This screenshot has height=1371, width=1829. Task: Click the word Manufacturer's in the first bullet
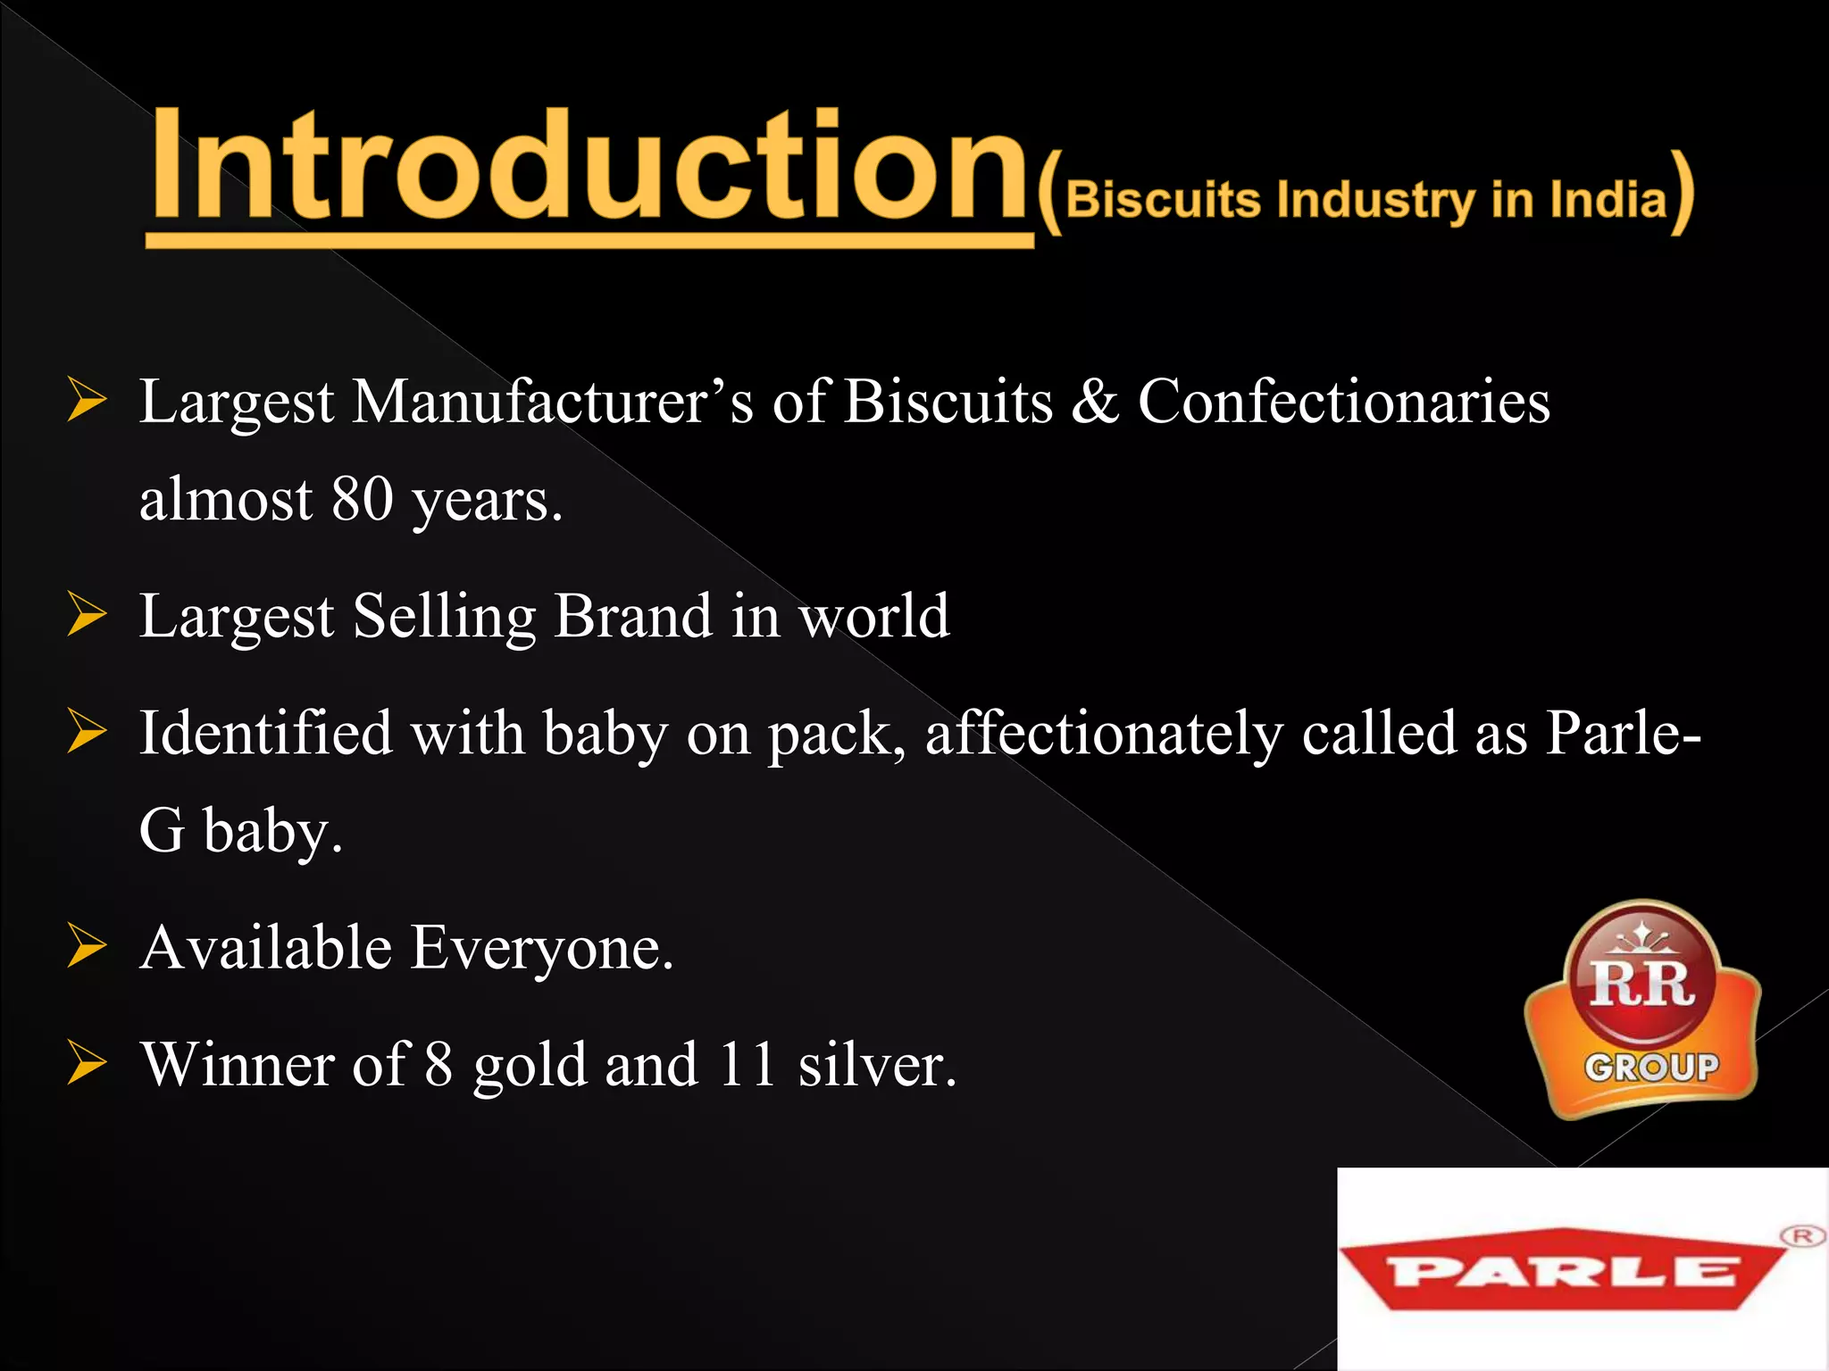click(x=553, y=402)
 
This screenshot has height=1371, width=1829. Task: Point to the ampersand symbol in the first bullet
click(x=1095, y=402)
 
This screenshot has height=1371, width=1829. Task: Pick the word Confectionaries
click(x=1343, y=402)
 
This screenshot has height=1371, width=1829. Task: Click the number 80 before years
click(x=363, y=499)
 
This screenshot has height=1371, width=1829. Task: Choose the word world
click(x=874, y=617)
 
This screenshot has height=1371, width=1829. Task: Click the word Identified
click(x=265, y=734)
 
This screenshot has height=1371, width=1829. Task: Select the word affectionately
click(x=1104, y=734)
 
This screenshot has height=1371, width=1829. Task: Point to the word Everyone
click(x=541, y=948)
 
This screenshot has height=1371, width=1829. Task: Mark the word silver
click(x=876, y=1066)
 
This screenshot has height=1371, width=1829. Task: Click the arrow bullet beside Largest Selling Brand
click(x=87, y=617)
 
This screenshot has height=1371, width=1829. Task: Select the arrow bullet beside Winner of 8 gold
click(x=87, y=1066)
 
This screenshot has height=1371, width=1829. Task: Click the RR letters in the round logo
click(x=1641, y=985)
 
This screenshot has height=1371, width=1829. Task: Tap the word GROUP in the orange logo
click(x=1651, y=1068)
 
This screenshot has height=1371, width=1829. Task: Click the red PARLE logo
click(x=1563, y=1271)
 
